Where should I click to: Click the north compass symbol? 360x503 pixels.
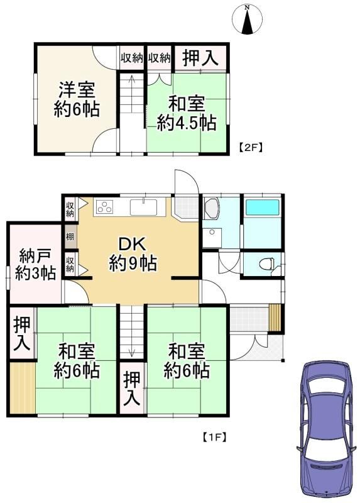click(247, 20)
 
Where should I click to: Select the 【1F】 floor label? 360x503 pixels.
click(215, 437)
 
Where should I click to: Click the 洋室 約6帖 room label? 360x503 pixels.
click(77, 100)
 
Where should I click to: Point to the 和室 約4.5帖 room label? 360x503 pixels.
click(187, 114)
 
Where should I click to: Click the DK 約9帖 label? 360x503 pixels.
click(133, 254)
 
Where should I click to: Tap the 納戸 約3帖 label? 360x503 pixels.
click(35, 265)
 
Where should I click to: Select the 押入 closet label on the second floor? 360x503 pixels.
click(200, 58)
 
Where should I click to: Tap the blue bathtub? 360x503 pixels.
click(262, 207)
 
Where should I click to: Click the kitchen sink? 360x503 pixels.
click(143, 207)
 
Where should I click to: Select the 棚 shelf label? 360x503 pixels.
click(70, 237)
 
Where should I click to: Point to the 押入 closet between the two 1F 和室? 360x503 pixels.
click(132, 389)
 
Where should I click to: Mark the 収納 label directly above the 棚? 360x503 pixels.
click(70, 209)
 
